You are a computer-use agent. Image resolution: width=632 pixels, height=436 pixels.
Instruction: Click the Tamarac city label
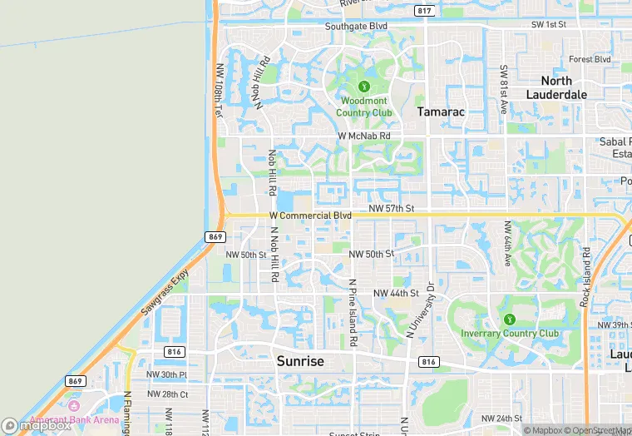tap(440, 111)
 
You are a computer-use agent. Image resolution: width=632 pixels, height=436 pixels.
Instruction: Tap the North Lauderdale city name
tap(556, 87)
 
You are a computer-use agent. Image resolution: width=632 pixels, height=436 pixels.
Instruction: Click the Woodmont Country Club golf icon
tap(363, 87)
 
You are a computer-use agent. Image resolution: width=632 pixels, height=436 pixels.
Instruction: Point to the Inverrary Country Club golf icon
tap(509, 320)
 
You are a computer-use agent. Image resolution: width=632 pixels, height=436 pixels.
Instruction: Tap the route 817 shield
tap(425, 11)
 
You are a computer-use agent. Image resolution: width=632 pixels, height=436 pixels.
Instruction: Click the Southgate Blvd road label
tap(356, 26)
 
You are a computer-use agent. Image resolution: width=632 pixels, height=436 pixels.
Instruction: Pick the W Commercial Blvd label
tap(310, 216)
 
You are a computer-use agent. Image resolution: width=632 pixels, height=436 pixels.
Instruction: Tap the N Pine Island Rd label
tap(353, 312)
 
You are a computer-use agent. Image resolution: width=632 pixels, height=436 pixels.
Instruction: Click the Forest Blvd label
tap(590, 60)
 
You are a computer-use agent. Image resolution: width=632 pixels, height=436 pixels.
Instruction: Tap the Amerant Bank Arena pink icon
tap(74, 405)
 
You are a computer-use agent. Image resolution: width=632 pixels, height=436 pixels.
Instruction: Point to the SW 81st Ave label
tap(503, 89)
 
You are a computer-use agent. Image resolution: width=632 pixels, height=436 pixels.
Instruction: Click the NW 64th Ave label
tap(506, 243)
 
